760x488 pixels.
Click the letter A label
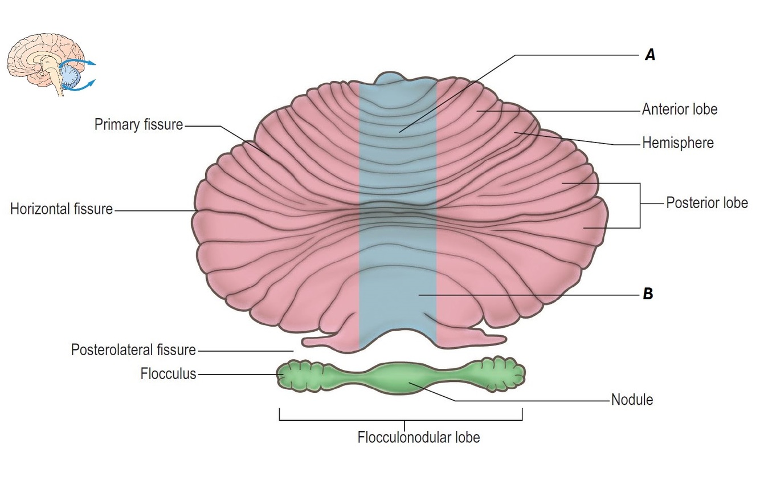[649, 55]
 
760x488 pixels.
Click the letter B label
[648, 295]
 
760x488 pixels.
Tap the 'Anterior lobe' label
[679, 109]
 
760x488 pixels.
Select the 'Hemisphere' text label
[677, 143]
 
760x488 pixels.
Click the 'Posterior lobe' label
[706, 203]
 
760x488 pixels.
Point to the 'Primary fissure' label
[138, 125]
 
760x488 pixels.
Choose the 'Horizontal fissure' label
[62, 209]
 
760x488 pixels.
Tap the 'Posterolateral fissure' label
[133, 349]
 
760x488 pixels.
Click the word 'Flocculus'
[168, 374]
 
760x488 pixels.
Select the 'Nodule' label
[632, 400]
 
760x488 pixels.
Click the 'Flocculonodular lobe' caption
[419, 438]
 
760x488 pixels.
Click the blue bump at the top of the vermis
[397, 79]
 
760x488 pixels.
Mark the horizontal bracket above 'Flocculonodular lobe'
[401, 420]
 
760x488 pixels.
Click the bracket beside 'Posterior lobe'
[640, 205]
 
